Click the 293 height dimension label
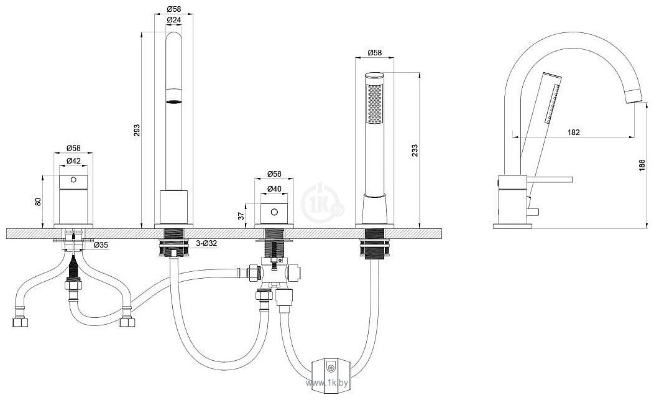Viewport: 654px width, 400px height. pyautogui.click(x=137, y=130)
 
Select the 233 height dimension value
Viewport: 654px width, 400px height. pyautogui.click(x=414, y=151)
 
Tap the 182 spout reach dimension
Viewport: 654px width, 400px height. pyautogui.click(x=574, y=132)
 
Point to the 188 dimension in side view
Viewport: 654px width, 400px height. pyautogui.click(x=642, y=165)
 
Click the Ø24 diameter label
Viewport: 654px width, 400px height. pyautogui.click(x=173, y=20)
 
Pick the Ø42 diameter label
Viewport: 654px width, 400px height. pyautogui.click(x=73, y=160)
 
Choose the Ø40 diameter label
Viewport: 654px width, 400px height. pyautogui.click(x=274, y=188)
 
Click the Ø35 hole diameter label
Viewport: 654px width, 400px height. pyautogui.click(x=101, y=244)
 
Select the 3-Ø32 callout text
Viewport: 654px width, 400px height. pyautogui.click(x=206, y=243)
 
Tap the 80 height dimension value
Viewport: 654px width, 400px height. pyautogui.click(x=38, y=202)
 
